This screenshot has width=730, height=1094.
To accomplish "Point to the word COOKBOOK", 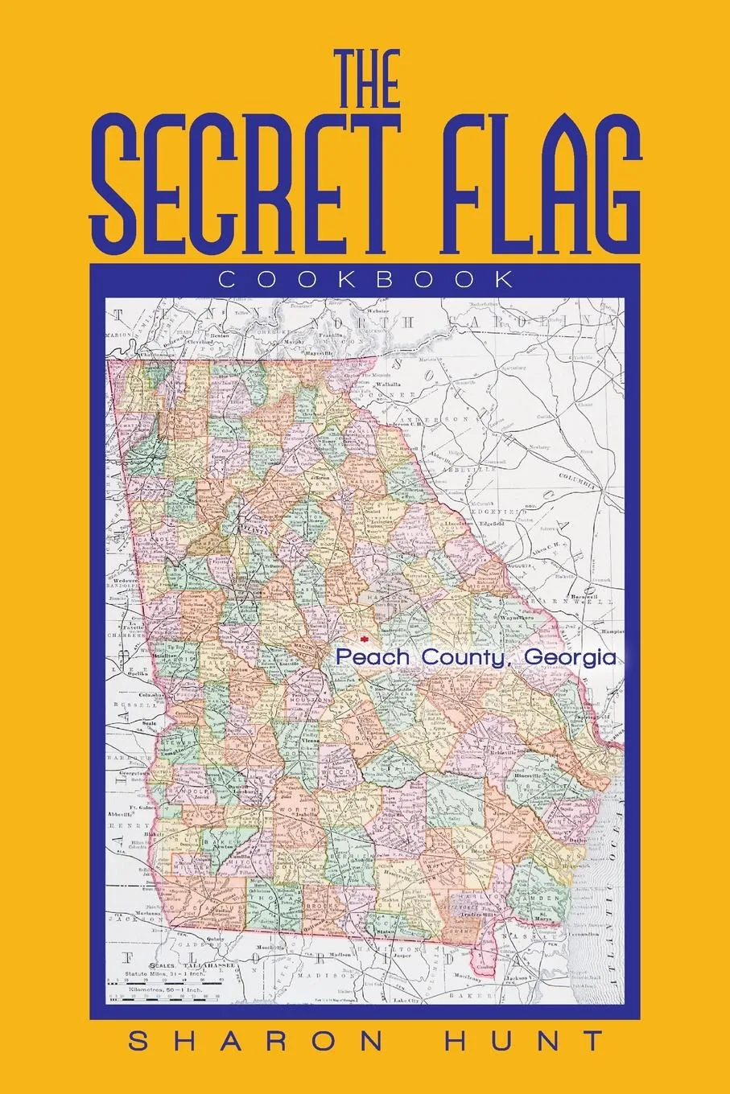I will coord(365,280).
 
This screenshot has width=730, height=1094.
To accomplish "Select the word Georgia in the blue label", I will coord(570,657).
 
